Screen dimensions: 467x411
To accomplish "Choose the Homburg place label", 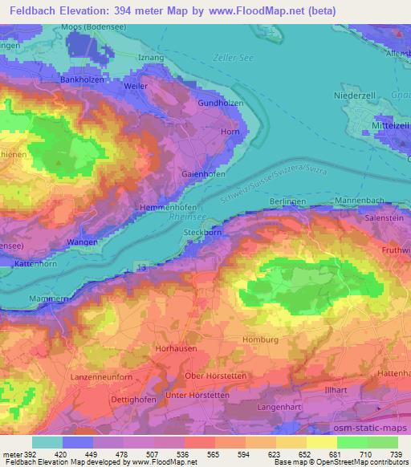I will (x=264, y=339).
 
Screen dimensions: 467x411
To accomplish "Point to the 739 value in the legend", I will (x=396, y=455).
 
